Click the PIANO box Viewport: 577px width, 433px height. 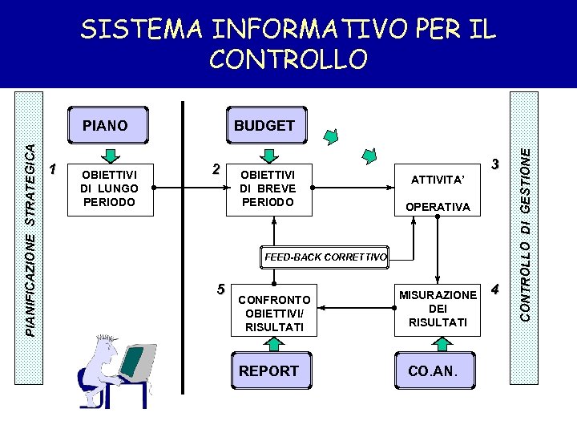click(105, 125)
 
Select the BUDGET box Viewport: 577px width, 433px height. click(264, 125)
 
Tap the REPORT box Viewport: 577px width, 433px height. click(268, 370)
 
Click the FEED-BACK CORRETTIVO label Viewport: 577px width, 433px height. click(326, 257)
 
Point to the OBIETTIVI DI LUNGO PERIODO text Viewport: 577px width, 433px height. click(109, 188)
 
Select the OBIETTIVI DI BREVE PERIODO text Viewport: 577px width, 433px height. click(268, 188)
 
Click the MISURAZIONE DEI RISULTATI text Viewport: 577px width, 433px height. click(437, 309)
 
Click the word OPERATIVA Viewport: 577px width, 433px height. click(438, 207)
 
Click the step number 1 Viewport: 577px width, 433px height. click(53, 169)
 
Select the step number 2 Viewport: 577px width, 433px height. click(215, 169)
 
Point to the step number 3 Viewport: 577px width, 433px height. click(495, 164)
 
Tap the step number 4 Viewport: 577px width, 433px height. click(495, 289)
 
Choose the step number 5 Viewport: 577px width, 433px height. click(220, 289)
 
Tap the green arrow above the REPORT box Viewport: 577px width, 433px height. click(274, 343)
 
